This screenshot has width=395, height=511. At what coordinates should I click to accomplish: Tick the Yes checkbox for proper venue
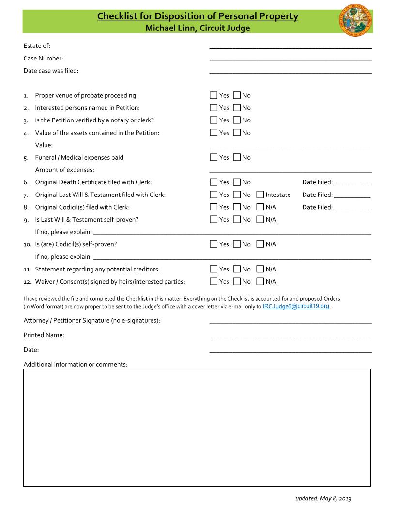[213, 95]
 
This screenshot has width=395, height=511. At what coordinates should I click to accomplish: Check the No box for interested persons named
[237, 108]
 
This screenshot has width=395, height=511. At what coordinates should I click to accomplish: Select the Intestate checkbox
[260, 195]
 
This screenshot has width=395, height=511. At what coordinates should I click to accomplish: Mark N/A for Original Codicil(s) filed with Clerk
[260, 207]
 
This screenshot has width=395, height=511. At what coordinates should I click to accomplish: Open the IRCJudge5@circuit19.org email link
[296, 306]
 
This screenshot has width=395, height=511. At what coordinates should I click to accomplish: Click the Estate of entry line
[290, 46]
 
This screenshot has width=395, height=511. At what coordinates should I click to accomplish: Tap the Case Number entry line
[290, 59]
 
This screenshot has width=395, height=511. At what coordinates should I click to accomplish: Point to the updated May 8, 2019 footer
[323, 498]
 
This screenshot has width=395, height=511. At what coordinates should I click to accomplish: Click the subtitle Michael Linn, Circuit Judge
[197, 28]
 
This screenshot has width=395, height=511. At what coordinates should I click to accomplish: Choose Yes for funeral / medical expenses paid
[213, 157]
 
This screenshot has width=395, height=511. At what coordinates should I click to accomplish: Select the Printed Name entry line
[290, 335]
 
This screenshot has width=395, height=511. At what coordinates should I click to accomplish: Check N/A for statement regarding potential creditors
[260, 269]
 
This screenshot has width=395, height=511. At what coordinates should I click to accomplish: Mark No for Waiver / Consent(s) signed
[237, 281]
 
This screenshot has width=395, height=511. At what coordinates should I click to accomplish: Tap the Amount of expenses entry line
[290, 170]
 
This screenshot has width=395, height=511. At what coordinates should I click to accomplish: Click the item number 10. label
[28, 244]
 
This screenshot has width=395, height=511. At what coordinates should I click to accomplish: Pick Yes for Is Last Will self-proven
[213, 219]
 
